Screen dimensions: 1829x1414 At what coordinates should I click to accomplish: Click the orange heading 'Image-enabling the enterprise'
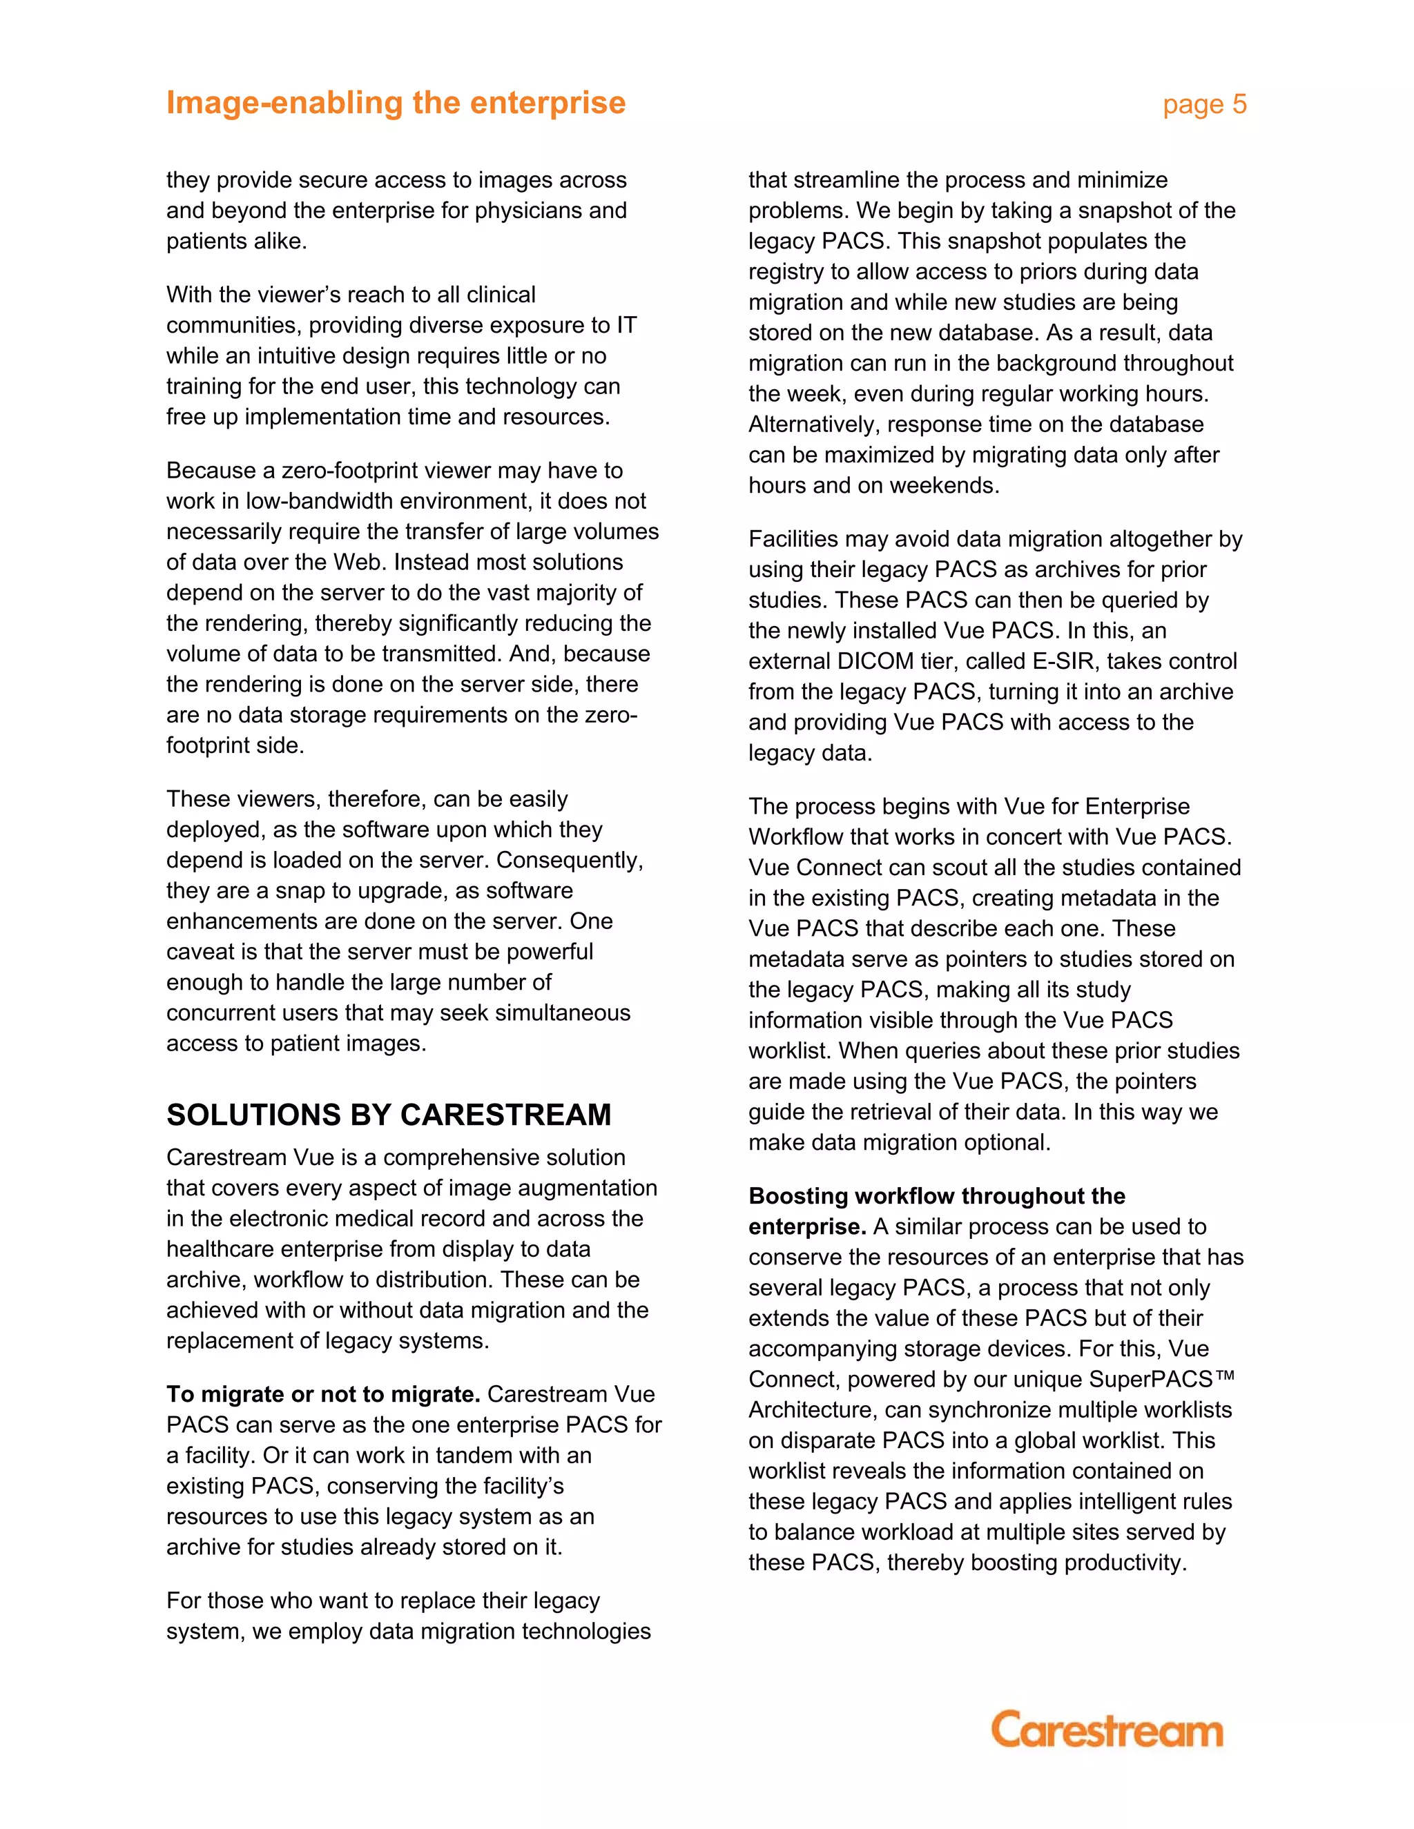pyautogui.click(x=396, y=103)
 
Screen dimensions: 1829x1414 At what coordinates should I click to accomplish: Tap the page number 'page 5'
pyautogui.click(x=1203, y=105)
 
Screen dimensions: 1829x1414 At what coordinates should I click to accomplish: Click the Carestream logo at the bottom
pyautogui.click(x=1106, y=1730)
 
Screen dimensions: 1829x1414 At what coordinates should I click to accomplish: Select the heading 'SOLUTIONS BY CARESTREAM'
pyautogui.click(x=389, y=1115)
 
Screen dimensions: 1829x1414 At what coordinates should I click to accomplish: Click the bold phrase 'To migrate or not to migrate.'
pyautogui.click(x=323, y=1394)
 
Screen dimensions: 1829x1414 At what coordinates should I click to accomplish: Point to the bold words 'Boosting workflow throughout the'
pyautogui.click(x=936, y=1196)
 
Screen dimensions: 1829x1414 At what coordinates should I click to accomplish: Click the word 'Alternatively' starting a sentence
pyautogui.click(x=813, y=424)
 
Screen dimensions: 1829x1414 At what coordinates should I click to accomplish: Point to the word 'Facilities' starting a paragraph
pyautogui.click(x=796, y=538)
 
